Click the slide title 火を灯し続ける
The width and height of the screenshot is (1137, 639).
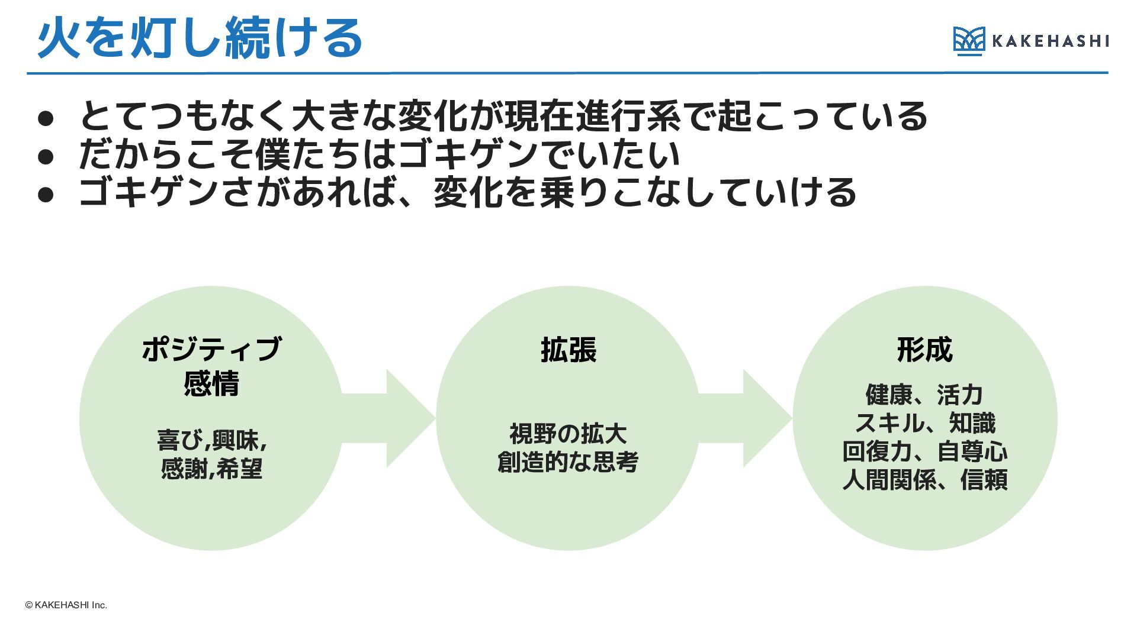pos(200,38)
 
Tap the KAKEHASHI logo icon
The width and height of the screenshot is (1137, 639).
pos(969,41)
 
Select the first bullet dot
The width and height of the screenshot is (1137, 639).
pos(46,118)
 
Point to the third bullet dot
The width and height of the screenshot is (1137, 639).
pos(46,195)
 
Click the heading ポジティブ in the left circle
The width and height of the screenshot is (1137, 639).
pos(211,349)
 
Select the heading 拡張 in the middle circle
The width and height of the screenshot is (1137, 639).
pos(568,349)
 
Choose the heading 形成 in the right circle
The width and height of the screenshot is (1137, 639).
pos(925,349)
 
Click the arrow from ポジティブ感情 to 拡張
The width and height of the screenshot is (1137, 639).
pos(388,418)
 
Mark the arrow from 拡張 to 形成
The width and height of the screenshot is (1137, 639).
pos(745,418)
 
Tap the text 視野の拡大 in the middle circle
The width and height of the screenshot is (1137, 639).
pos(568,434)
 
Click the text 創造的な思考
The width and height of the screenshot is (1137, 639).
pos(568,462)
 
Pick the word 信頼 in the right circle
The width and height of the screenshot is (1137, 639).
pos(984,480)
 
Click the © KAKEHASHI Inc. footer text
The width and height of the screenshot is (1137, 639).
pos(66,605)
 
